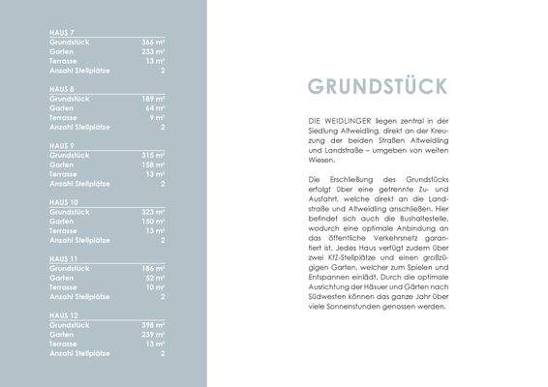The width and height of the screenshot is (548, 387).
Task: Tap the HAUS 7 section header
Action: [x=62, y=32]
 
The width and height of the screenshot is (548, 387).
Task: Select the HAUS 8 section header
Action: [x=62, y=88]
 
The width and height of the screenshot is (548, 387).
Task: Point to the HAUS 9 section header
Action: [x=62, y=144]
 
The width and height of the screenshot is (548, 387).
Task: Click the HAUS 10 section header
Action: [x=64, y=200]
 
